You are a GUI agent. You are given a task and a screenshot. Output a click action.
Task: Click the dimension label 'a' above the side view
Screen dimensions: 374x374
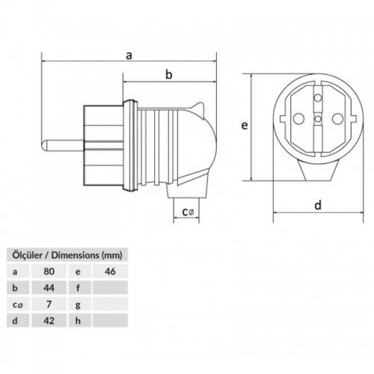tap(129, 54)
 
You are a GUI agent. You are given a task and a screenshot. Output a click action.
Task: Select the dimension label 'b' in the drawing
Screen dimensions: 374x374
tap(169, 73)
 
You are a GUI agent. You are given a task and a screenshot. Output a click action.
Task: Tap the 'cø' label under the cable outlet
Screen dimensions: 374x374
tap(187, 213)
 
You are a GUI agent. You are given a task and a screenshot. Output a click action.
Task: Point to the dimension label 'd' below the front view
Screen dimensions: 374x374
tap(318, 204)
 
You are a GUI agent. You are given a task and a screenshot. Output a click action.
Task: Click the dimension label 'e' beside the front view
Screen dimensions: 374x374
tap(244, 126)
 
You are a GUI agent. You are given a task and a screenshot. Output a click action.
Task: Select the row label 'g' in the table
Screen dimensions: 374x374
tap(79, 304)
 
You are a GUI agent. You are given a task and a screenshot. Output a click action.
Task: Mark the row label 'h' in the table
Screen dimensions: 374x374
tap(79, 322)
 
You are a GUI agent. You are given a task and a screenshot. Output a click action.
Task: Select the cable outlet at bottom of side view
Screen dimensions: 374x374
tap(187, 191)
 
